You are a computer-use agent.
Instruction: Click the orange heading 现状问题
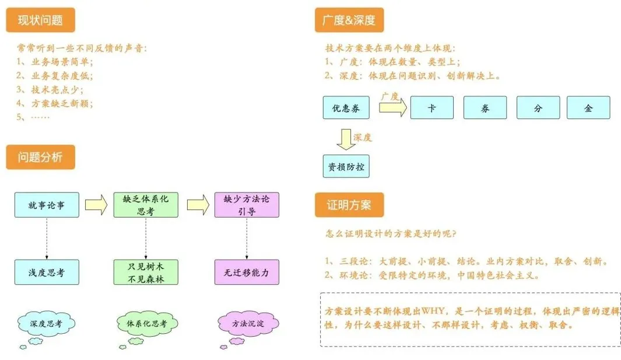[40, 21]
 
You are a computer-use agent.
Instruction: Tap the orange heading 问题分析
[40, 157]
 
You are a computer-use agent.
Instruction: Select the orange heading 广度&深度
[349, 21]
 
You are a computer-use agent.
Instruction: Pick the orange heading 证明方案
[349, 205]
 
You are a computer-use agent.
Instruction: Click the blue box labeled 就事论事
[46, 205]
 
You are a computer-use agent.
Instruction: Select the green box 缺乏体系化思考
[145, 205]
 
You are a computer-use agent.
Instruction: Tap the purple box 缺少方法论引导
[247, 205]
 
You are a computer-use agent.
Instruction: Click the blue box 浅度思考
[46, 272]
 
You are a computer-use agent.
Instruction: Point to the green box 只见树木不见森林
[145, 272]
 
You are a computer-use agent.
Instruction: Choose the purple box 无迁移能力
[247, 272]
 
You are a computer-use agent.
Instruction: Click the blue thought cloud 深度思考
[45, 323]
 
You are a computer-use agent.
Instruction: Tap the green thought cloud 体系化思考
[146, 323]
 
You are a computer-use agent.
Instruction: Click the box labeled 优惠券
[346, 108]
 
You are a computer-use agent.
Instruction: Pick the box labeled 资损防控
[346, 166]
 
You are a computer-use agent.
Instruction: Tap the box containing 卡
[432, 108]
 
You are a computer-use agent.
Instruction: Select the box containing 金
[588, 108]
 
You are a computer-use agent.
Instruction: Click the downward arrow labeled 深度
[346, 139]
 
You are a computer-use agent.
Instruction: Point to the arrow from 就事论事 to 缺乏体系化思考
[96, 205]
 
